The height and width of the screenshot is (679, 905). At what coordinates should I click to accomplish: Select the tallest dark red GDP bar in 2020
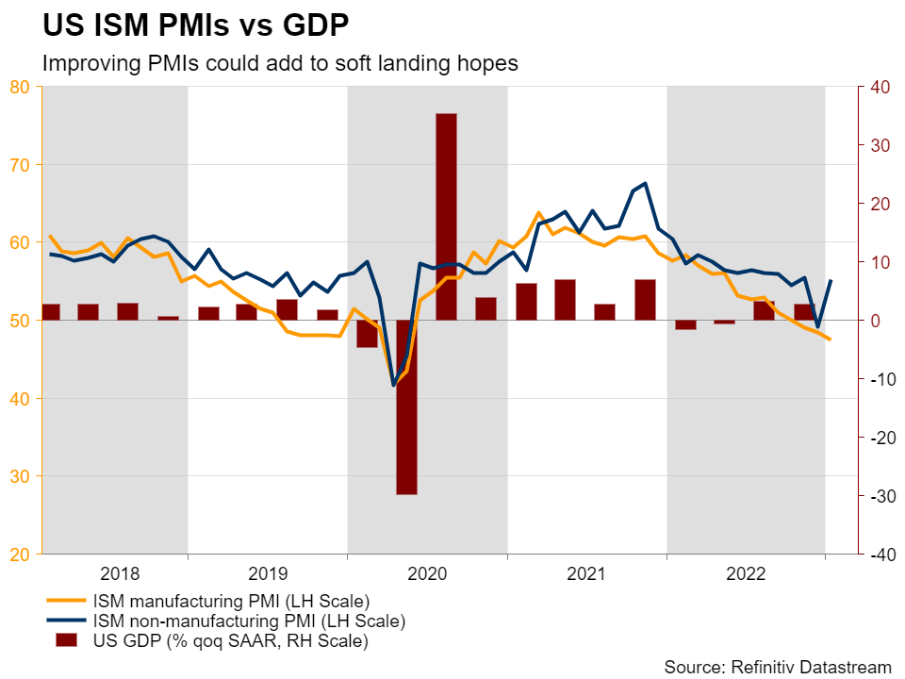pos(446,217)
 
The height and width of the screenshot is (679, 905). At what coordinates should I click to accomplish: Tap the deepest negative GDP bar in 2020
pos(407,406)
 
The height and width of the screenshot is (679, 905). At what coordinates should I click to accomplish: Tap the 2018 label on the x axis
pos(120,573)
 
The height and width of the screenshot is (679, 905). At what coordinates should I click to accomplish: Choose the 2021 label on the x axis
pos(586,573)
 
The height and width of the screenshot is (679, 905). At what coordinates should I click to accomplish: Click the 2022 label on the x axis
pos(747,573)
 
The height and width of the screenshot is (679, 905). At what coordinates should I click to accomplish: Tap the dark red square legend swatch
pos(65,641)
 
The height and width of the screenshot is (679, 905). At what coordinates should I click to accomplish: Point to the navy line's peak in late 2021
pos(645,183)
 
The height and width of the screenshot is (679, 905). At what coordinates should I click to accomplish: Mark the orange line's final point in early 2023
pos(830,339)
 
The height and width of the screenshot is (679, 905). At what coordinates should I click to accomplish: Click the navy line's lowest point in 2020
pos(394,385)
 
